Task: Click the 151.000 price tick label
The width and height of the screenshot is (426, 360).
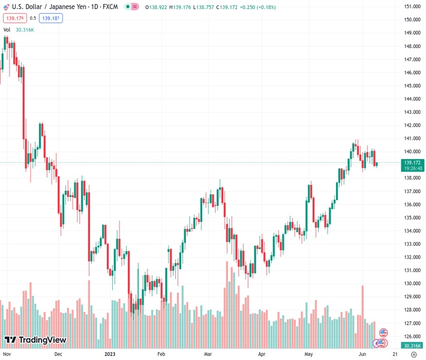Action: (411, 7)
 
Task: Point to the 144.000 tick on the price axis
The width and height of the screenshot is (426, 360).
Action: (411, 99)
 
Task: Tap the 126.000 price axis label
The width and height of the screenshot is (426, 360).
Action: (411, 337)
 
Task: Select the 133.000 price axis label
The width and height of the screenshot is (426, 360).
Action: (411, 244)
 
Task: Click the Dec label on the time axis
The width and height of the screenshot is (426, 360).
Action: (58, 354)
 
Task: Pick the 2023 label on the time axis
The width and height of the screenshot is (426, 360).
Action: (109, 354)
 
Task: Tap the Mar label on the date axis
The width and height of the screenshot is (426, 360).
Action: (208, 354)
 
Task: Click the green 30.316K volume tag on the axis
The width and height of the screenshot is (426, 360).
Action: (411, 346)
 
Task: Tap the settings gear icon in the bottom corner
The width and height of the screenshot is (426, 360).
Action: (413, 354)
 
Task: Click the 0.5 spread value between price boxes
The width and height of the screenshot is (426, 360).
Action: (32, 18)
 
